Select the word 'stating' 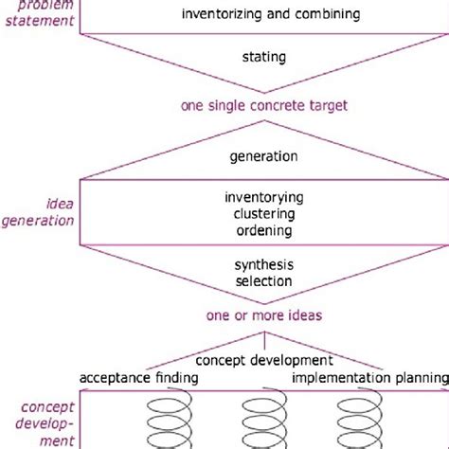pos(263,58)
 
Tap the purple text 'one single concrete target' pos(263,106)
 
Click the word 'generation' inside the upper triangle pos(263,156)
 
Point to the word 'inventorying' pos(263,197)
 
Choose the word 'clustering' pos(263,213)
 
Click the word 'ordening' pos(263,229)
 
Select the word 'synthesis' pos(263,265)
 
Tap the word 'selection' pos(263,281)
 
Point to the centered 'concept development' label pos(263,361)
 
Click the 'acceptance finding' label pos(138,378)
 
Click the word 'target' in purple pos(326,106)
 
